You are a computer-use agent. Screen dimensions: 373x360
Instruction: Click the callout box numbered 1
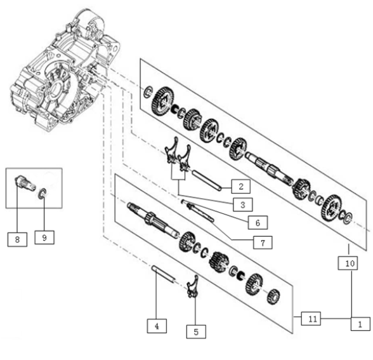click(x=360, y=324)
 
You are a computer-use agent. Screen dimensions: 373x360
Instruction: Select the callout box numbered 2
click(x=241, y=187)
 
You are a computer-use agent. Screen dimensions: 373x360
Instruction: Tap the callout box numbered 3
click(x=242, y=204)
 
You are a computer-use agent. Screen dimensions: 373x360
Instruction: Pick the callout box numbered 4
click(x=157, y=326)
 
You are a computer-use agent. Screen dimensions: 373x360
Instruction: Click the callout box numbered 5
click(x=196, y=331)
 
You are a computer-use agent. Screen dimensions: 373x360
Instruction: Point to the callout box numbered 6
click(x=258, y=223)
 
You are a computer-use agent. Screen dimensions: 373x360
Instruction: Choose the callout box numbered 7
click(x=263, y=243)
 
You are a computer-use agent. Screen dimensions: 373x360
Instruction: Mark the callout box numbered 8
click(x=17, y=239)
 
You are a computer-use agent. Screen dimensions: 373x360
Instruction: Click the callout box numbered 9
click(x=44, y=237)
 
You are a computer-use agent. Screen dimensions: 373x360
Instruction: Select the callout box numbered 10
click(x=348, y=263)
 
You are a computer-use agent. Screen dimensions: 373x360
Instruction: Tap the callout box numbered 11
click(x=311, y=318)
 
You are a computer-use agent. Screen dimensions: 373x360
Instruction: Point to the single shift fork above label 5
click(x=193, y=286)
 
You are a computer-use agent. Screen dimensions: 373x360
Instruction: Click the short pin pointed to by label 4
click(x=164, y=273)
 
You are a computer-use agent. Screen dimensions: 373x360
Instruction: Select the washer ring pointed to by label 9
click(x=43, y=193)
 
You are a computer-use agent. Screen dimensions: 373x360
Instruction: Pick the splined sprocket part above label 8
click(x=25, y=183)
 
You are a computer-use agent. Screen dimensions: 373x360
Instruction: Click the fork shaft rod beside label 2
click(x=207, y=180)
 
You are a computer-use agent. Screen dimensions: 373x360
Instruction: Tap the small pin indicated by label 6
click(x=183, y=201)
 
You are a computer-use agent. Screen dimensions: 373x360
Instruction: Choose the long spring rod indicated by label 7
click(x=200, y=212)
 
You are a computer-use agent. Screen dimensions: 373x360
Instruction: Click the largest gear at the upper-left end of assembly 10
click(x=162, y=101)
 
